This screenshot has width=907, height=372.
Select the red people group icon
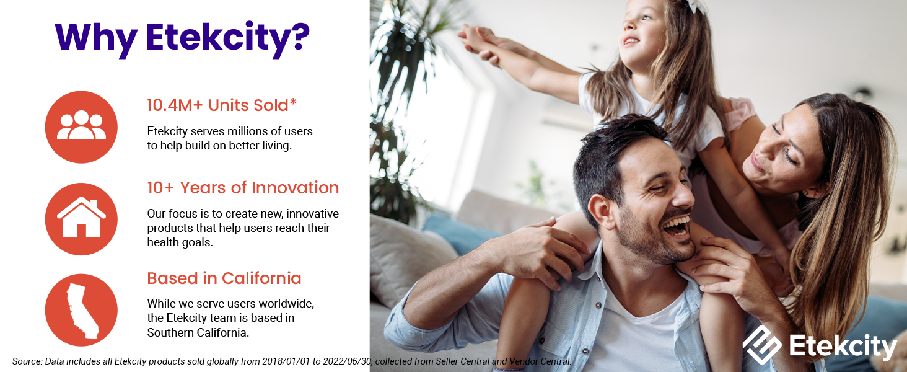coord(81,127)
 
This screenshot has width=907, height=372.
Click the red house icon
coord(81,219)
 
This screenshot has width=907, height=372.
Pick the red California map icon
coord(81,310)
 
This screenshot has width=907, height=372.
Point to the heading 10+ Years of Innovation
coord(242,188)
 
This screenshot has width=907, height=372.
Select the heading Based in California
coord(224,278)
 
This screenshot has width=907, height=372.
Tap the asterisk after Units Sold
coord(294,103)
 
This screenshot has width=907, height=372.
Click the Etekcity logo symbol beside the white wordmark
coord(761,344)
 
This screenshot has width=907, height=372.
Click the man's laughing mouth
coord(677,226)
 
